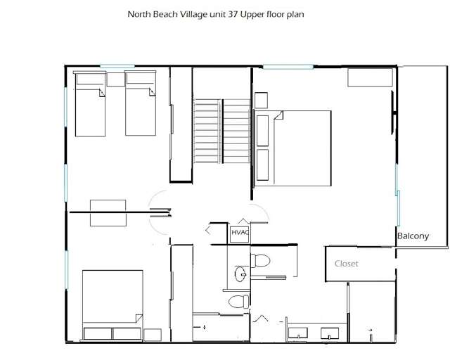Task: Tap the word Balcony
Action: click(x=413, y=236)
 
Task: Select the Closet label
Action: click(x=346, y=264)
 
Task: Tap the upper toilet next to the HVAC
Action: click(x=261, y=261)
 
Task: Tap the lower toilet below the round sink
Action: click(x=239, y=302)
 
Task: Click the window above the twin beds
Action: click(x=117, y=66)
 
